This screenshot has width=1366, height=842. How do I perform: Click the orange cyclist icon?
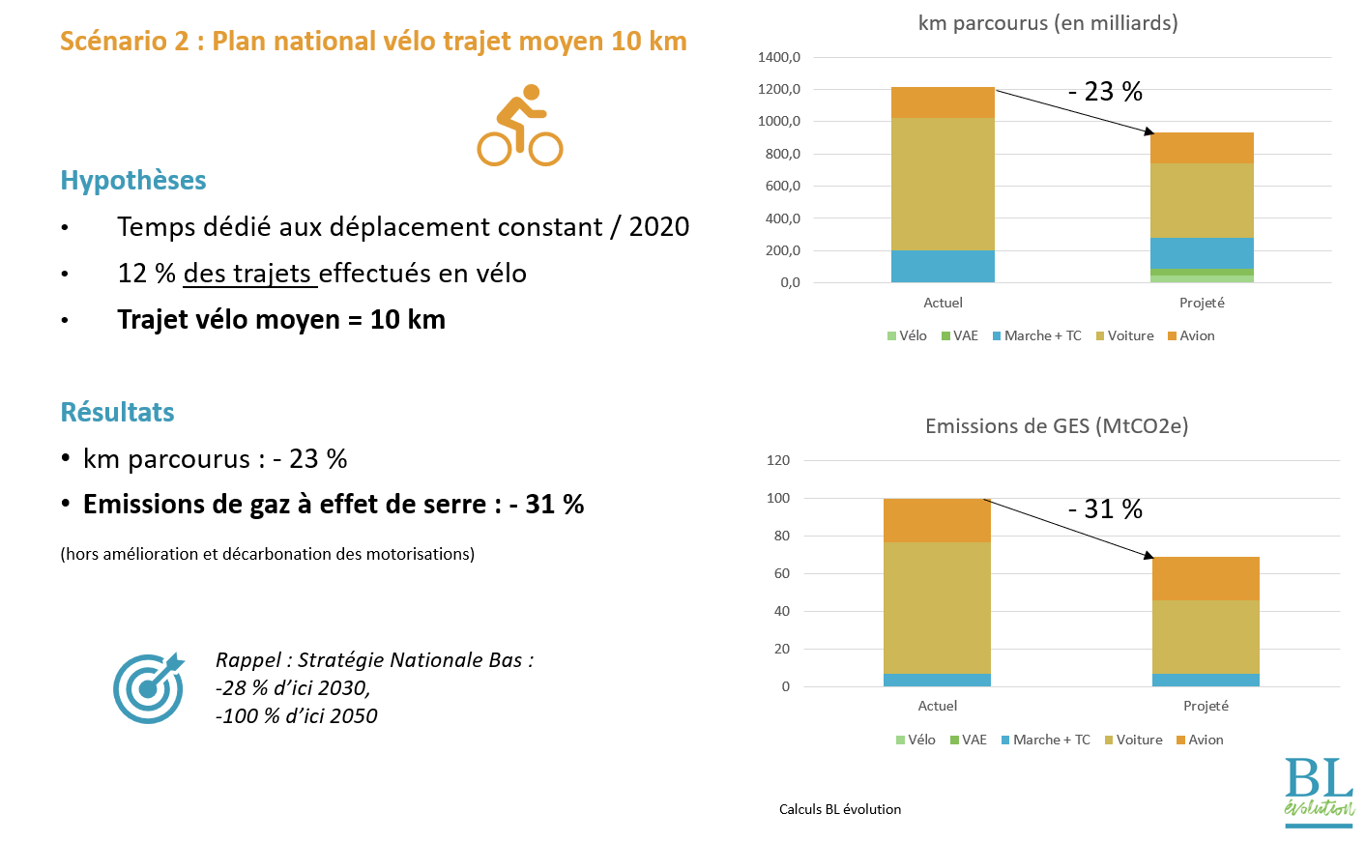(x=520, y=126)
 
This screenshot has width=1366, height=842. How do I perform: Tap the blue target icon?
(x=148, y=688)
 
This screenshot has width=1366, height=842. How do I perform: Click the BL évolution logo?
(x=1319, y=791)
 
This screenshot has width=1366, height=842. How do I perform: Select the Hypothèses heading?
(x=133, y=181)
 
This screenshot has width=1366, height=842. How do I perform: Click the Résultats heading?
(x=118, y=413)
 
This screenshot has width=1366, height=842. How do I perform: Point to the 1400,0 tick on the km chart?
(x=779, y=58)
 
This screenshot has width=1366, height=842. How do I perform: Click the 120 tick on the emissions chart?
(x=778, y=461)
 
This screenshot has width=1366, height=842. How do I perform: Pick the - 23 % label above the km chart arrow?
(x=1105, y=92)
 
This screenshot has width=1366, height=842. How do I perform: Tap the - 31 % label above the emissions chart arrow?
(x=1105, y=509)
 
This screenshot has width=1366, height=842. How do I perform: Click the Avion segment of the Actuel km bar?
(x=943, y=102)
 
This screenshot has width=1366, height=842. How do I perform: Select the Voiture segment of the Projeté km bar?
(x=1202, y=200)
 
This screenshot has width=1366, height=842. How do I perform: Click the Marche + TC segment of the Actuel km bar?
(x=943, y=267)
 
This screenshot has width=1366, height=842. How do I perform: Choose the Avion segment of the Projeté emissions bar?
(x=1206, y=578)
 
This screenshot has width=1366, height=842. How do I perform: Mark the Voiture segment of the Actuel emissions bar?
(x=937, y=607)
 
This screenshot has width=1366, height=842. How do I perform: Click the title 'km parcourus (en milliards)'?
(x=1048, y=23)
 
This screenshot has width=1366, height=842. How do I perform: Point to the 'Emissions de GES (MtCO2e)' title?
(x=1057, y=426)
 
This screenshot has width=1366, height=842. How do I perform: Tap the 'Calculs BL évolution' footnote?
(x=840, y=810)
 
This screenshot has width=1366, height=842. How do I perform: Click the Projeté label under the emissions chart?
(x=1206, y=707)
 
